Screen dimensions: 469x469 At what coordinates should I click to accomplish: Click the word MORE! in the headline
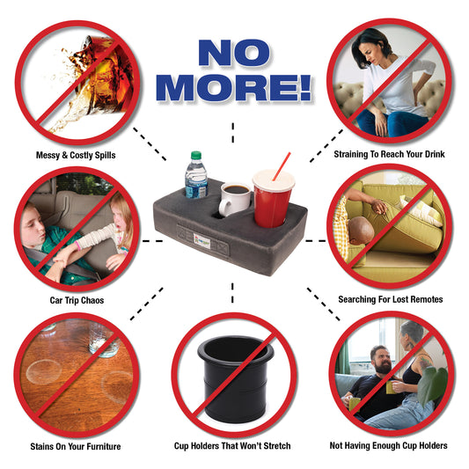[x=233, y=87]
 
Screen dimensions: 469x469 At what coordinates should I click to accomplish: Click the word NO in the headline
[x=234, y=53]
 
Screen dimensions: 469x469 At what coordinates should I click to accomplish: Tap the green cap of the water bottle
[x=196, y=155]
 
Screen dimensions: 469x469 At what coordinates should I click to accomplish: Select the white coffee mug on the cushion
[x=234, y=199]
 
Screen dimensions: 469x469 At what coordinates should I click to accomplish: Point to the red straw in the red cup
[x=282, y=166]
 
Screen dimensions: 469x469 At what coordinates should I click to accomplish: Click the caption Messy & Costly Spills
[x=76, y=155]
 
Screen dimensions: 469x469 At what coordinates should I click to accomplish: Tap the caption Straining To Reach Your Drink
[x=389, y=154]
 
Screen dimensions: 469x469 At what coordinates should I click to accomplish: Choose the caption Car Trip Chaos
[x=77, y=300]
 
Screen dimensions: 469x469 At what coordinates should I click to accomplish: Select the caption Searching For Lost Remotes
[x=391, y=299]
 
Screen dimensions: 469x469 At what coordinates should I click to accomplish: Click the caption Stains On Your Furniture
[x=76, y=447]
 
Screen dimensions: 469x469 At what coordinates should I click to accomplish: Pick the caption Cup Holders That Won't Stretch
[x=232, y=446]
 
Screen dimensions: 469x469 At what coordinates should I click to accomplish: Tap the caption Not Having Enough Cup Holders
[x=389, y=445]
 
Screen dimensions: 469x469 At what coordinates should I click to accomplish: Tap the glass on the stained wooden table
[x=104, y=341]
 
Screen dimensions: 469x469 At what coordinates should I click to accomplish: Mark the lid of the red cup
[x=274, y=180]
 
